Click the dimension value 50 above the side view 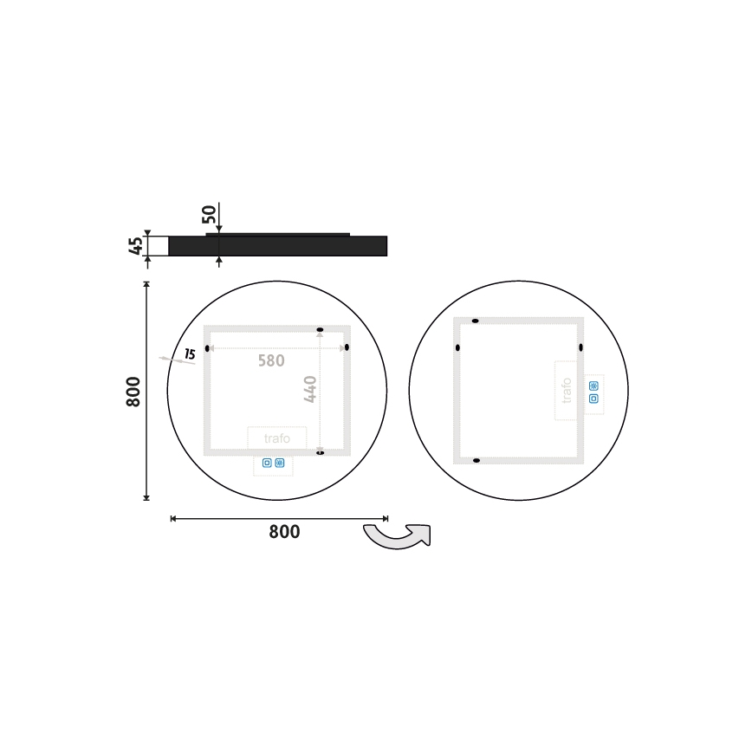pos(209,215)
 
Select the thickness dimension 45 pos(135,245)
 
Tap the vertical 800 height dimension pos(133,392)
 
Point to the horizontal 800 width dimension pos(283,532)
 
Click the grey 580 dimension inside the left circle pos(270,360)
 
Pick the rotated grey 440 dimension pos(310,388)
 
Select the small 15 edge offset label pos(190,354)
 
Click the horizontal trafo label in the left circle pos(276,439)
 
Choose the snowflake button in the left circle pos(280,464)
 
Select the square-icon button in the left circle pos(267,464)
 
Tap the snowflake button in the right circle pos(593,386)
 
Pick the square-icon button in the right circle pos(593,399)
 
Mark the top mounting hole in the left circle pos(321,330)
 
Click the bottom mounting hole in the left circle pos(321,452)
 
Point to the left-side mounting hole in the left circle pos(207,348)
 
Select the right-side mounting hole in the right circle pos(581,347)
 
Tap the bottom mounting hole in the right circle pos(476,460)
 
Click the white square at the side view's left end pos(158,246)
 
